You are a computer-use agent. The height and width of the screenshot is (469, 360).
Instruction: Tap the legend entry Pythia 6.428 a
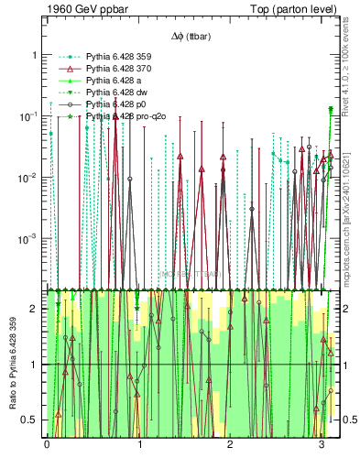pos(108,81)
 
